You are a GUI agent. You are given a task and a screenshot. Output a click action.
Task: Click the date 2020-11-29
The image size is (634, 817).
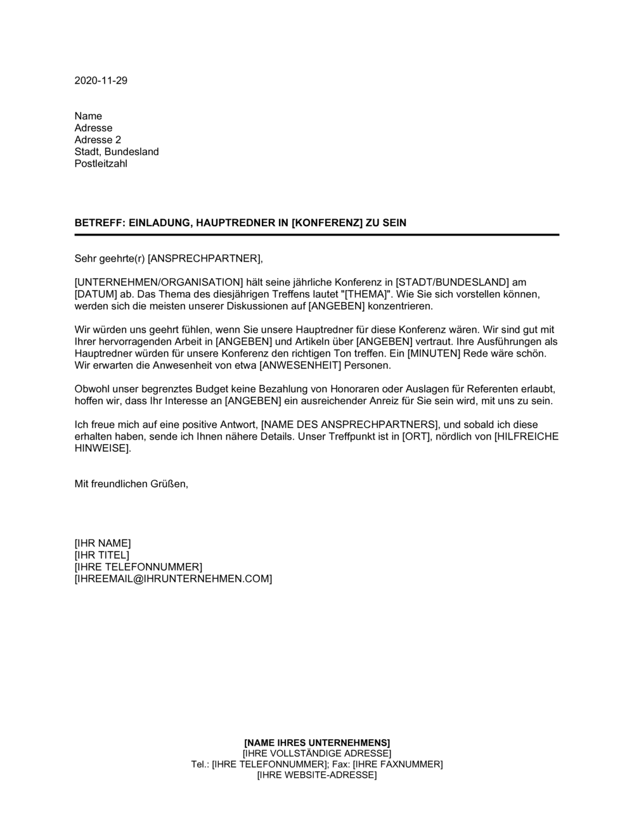click(x=101, y=80)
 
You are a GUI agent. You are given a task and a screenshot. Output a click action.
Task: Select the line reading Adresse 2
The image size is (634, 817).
click(x=98, y=140)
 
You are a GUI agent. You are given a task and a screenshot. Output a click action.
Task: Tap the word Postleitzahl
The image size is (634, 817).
click(x=101, y=164)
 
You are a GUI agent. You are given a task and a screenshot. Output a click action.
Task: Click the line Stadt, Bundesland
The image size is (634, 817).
click(x=117, y=152)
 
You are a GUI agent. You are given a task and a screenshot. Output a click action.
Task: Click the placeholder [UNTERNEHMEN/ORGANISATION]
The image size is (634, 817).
click(x=159, y=282)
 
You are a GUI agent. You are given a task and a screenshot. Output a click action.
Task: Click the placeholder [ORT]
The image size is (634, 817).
click(x=416, y=437)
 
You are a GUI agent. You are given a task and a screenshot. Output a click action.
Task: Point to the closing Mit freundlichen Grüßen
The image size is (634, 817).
click(x=131, y=484)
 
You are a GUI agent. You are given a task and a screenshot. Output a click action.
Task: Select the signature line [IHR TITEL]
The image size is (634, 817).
click(x=101, y=555)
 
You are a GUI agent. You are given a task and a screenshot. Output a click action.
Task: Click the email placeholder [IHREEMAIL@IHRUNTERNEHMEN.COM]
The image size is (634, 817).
click(x=173, y=579)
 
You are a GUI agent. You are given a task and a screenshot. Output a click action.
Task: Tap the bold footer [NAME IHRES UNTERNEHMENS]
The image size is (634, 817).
click(x=317, y=742)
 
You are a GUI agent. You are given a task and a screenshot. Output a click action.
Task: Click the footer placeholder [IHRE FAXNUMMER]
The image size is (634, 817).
click(x=398, y=764)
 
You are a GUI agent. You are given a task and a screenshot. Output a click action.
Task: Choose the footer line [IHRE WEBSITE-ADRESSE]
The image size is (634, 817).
click(x=317, y=775)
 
